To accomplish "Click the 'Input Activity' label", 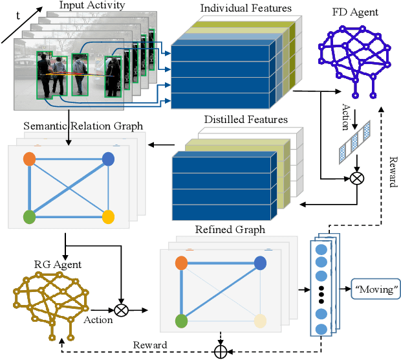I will [92, 6].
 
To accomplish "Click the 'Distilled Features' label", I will [246, 120].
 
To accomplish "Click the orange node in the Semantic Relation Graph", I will [29, 159].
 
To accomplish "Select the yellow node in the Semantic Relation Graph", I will [108, 216].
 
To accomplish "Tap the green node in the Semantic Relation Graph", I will [29, 216].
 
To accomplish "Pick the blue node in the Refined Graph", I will [260, 262].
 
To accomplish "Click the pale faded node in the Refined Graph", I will [259, 321].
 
